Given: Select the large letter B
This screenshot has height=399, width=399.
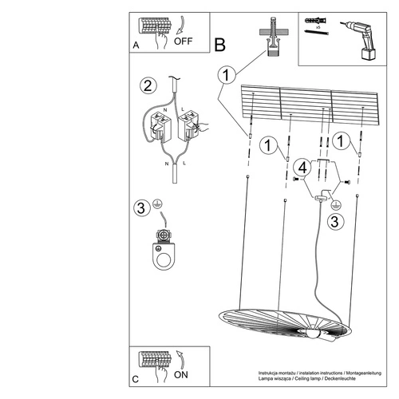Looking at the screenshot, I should point(220,45).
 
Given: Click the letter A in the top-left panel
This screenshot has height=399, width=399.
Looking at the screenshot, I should point(136,47).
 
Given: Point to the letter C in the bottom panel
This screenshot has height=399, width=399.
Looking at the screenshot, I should point(136,381).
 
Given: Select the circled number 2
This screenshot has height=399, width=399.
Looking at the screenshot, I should point(146,85).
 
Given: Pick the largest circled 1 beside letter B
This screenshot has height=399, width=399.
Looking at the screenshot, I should point(227,75).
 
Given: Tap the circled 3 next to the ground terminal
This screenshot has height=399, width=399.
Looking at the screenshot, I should point(141,208).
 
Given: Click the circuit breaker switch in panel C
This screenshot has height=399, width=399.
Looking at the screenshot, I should point(156,361).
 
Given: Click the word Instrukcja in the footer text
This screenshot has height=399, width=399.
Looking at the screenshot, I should point(271,373).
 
